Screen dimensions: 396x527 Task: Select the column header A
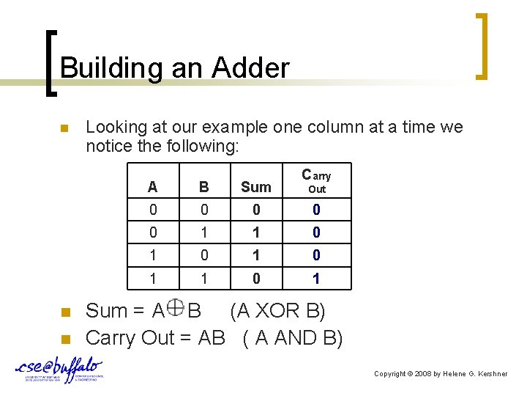152,187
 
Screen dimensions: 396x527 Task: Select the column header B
204,187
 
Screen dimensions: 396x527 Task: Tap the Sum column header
255,187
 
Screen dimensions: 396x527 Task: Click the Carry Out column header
316,181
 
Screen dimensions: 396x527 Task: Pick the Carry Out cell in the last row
316,279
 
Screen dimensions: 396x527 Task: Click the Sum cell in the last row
255,279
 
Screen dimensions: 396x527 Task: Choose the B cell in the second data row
204,232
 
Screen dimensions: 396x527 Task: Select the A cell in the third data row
152,255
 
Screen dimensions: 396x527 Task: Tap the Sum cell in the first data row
255,210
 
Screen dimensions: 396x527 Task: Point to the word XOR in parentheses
277,311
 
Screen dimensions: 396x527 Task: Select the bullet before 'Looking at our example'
64,129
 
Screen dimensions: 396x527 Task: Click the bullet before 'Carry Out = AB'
64,340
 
